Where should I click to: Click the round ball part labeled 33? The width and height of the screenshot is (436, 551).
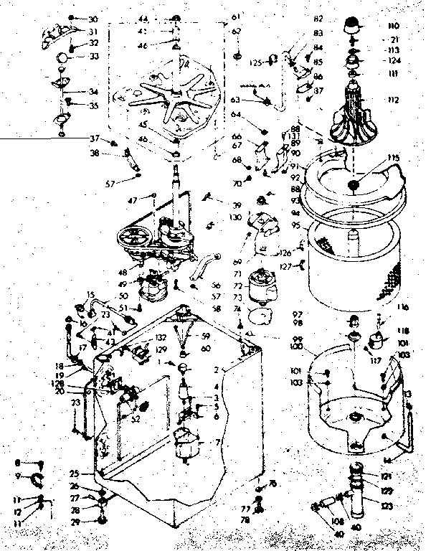[64, 57]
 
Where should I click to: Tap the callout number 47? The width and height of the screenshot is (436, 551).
[132, 199]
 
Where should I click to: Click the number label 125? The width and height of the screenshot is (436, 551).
[255, 63]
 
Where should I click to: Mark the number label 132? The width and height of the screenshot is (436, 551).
[161, 337]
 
